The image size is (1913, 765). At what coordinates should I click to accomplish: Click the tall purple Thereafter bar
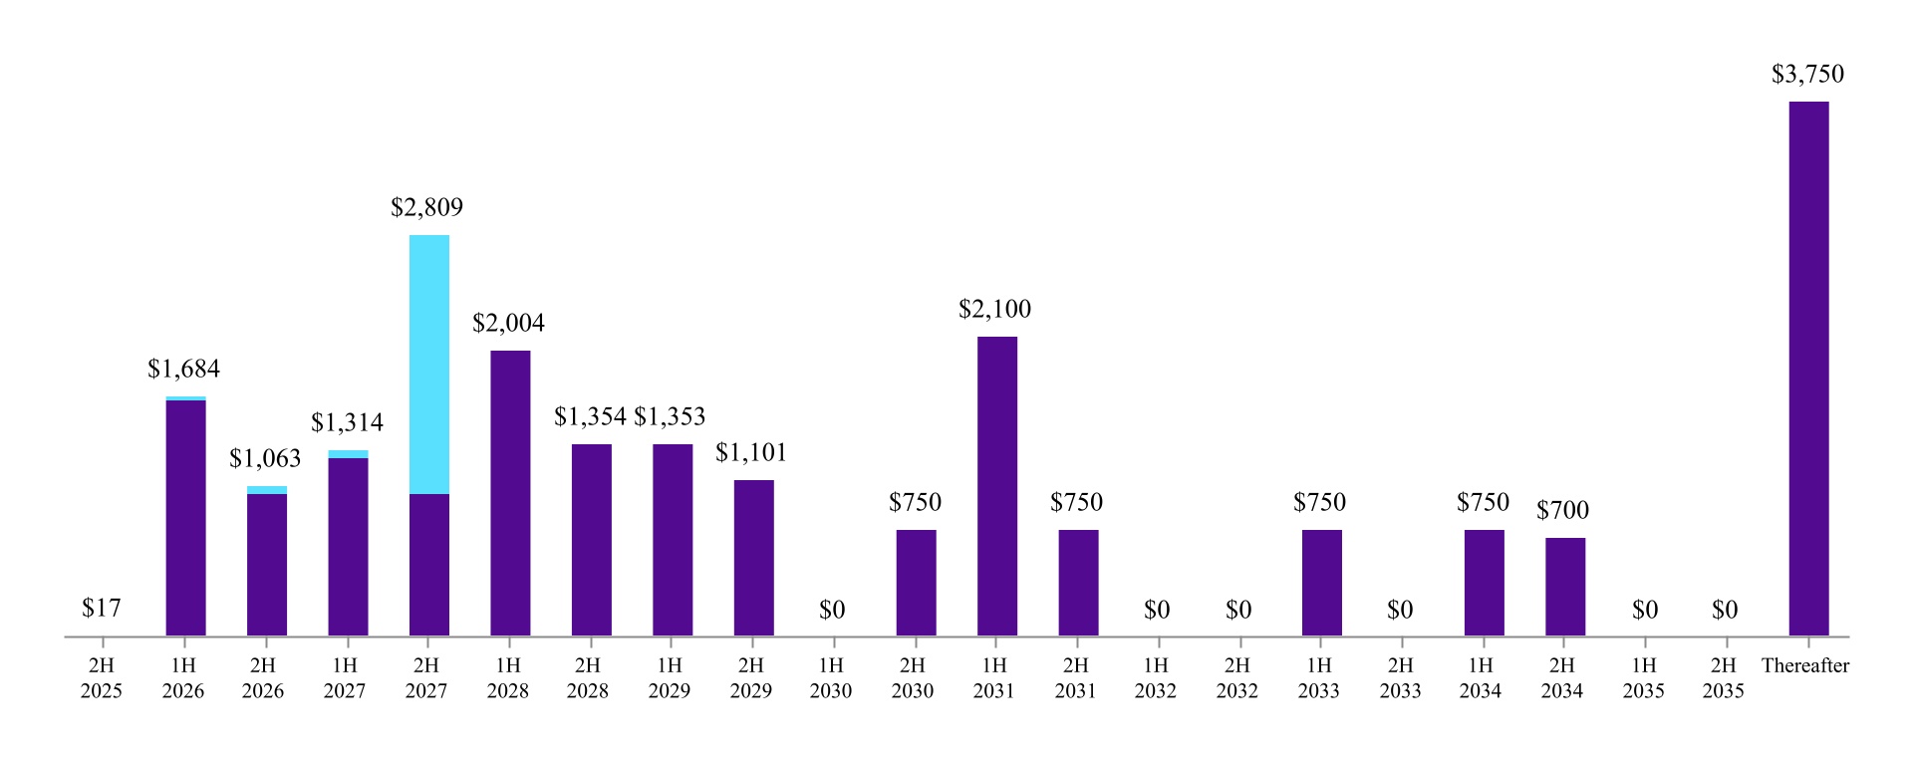click(x=1808, y=369)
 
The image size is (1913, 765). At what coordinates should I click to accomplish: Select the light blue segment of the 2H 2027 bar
click(x=429, y=365)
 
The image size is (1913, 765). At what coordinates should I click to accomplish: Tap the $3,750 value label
click(x=1807, y=75)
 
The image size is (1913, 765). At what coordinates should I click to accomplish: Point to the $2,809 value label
click(x=426, y=208)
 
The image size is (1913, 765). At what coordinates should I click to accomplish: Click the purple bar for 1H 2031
click(x=996, y=486)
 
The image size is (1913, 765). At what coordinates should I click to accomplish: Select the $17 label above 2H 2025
click(x=102, y=609)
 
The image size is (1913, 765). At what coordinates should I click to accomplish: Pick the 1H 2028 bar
click(x=510, y=493)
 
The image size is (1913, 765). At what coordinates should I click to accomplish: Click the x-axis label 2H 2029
click(x=750, y=678)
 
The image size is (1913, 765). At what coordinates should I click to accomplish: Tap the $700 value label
click(x=1562, y=511)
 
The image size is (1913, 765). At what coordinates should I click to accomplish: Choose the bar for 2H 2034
click(x=1565, y=587)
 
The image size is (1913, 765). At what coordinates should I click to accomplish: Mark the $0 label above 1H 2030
click(x=832, y=611)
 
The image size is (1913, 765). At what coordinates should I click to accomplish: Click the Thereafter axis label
click(x=1804, y=666)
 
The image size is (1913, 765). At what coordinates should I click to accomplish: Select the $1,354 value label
click(x=590, y=417)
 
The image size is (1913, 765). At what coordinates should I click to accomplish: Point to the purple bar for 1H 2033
click(x=1321, y=583)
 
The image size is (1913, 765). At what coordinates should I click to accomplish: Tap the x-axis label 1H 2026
click(x=183, y=678)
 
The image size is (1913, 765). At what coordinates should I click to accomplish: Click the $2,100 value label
click(x=994, y=310)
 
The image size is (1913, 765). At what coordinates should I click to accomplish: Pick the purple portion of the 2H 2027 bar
click(x=429, y=565)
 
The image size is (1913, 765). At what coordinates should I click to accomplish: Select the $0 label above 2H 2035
click(x=1725, y=611)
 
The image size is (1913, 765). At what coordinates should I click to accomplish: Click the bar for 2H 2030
click(x=916, y=583)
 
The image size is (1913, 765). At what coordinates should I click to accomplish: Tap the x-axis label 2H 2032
click(x=1236, y=678)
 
